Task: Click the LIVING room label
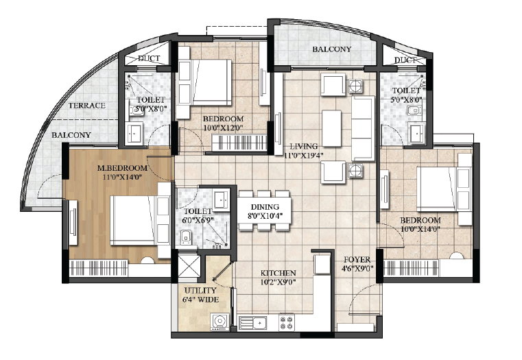click(x=303, y=146)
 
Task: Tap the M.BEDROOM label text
click(x=122, y=168)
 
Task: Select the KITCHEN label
click(x=278, y=273)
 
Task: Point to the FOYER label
click(x=357, y=259)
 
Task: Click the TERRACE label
click(x=87, y=106)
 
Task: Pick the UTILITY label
click(x=200, y=290)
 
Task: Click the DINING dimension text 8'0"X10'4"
click(x=265, y=215)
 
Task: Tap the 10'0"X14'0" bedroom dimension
click(x=420, y=228)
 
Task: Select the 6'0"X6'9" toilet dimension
click(x=198, y=220)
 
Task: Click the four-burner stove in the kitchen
click(x=287, y=322)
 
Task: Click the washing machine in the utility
click(x=220, y=322)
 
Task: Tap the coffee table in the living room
click(x=331, y=128)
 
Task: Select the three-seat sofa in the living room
click(x=363, y=128)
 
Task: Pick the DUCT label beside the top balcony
click(x=405, y=60)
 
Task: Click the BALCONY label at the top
click(x=331, y=49)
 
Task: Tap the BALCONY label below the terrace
click(x=71, y=135)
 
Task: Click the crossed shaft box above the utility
click(x=189, y=265)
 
